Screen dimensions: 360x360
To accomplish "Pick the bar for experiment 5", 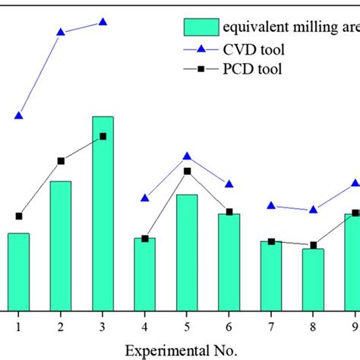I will [x=187, y=252].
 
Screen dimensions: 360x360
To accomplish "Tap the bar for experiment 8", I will [x=313, y=279].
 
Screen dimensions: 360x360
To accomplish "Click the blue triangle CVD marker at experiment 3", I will [x=103, y=22].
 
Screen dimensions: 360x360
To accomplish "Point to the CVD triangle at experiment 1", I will [x=18, y=115].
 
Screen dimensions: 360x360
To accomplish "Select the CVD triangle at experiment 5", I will [x=187, y=156].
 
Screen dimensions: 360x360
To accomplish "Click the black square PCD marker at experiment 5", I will [x=187, y=171].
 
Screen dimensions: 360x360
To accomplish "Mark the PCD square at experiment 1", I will [x=18, y=216].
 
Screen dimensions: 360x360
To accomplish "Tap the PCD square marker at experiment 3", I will [x=103, y=137].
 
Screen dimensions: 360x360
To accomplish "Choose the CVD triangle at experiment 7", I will [x=271, y=205].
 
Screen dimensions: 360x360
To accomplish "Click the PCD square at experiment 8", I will [x=313, y=245].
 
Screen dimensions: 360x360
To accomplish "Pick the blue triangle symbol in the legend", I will [x=201, y=49].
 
